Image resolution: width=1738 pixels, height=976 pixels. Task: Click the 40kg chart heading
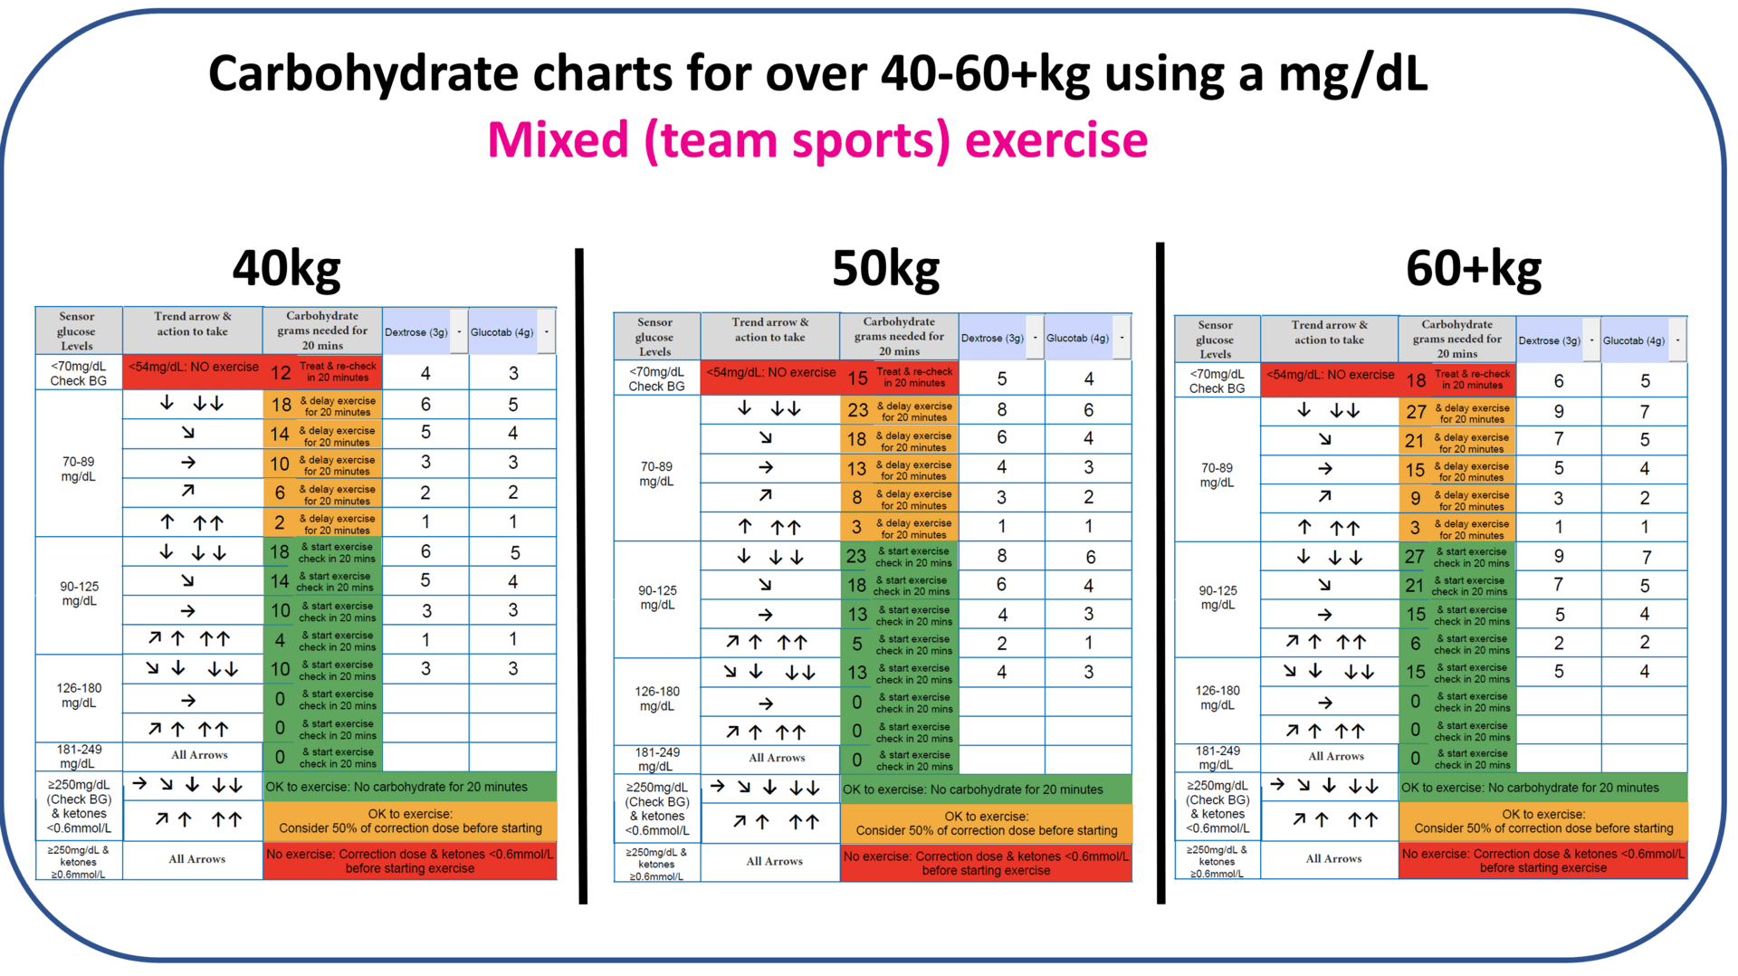(286, 269)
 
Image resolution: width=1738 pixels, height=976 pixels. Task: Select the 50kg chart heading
(885, 269)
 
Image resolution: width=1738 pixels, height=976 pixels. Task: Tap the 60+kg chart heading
(1473, 269)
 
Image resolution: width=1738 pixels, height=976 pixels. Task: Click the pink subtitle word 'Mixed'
(558, 140)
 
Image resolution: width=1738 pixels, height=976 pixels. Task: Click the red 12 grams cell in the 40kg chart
(281, 372)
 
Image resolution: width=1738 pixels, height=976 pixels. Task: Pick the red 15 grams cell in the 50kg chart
(857, 378)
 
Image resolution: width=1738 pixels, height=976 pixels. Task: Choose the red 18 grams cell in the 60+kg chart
(1416, 380)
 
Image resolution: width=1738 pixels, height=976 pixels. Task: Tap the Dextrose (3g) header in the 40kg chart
(416, 332)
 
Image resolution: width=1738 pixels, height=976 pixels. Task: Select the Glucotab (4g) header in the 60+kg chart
(1634, 340)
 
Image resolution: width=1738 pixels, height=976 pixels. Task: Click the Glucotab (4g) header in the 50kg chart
(1077, 338)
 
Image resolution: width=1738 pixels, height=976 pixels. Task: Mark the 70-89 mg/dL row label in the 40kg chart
(79, 469)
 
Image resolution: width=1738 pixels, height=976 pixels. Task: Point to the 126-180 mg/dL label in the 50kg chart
(657, 698)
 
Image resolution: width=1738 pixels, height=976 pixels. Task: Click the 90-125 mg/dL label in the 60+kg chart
(1218, 598)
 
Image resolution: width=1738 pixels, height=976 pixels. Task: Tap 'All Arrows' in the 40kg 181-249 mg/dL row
(199, 755)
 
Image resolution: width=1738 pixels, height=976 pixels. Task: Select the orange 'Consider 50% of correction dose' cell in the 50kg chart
(986, 823)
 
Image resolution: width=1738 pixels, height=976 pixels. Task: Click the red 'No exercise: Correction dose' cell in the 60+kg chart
(1542, 860)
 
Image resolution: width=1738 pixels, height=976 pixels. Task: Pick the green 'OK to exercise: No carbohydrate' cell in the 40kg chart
(410, 787)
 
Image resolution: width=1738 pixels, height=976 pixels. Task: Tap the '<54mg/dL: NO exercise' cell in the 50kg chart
(771, 372)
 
